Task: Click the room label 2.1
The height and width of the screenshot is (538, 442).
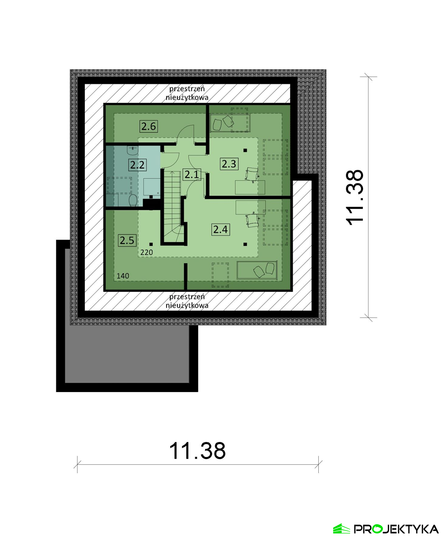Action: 192,174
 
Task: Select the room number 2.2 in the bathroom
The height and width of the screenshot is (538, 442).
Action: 137,165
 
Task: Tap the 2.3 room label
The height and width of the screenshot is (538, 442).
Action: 229,164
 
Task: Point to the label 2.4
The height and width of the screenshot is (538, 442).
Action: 220,229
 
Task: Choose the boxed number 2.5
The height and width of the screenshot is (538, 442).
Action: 127,240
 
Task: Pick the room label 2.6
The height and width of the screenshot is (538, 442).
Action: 148,126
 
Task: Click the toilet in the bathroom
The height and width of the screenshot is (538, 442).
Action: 133,200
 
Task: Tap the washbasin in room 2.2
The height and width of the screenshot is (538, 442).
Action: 133,150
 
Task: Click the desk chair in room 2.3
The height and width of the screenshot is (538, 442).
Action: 252,174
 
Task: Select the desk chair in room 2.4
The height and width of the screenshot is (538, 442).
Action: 252,220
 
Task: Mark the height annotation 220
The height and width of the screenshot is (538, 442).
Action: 147,252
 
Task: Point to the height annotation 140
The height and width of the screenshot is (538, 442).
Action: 123,276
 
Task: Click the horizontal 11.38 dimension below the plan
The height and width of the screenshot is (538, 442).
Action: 197,451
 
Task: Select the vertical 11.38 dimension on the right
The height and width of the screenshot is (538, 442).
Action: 354,197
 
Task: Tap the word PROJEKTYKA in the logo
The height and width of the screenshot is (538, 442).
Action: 396,529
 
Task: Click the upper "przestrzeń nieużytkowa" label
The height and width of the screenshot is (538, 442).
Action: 187,93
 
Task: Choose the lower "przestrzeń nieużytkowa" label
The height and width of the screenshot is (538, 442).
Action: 187,301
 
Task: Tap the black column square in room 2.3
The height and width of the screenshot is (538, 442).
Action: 245,150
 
